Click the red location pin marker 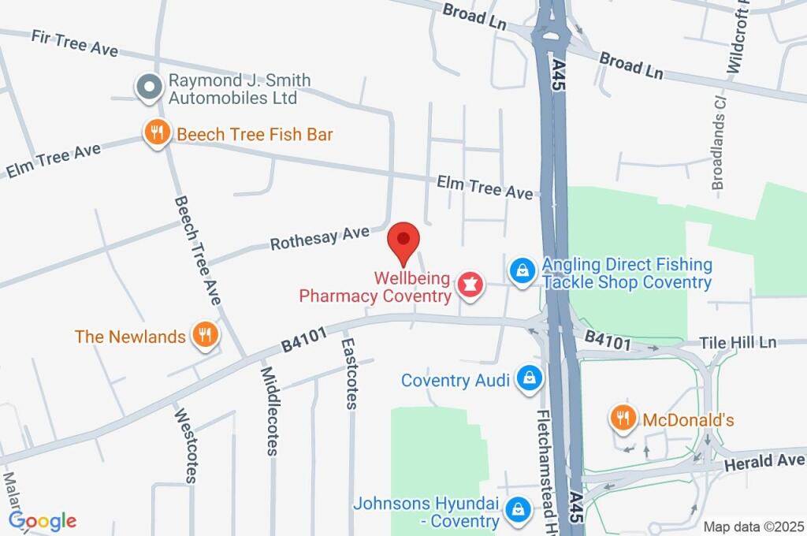pyautogui.click(x=404, y=240)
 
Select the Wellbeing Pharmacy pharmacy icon pyautogui.click(x=470, y=286)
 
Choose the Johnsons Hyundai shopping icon pyautogui.click(x=518, y=508)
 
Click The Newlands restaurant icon pyautogui.click(x=205, y=335)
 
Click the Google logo pyautogui.click(x=43, y=521)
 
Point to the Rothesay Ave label pyautogui.click(x=319, y=238)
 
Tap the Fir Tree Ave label pyautogui.click(x=75, y=43)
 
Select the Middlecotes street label pyautogui.click(x=270, y=411)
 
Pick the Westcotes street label pyautogui.click(x=186, y=445)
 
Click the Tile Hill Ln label pyautogui.click(x=738, y=342)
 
